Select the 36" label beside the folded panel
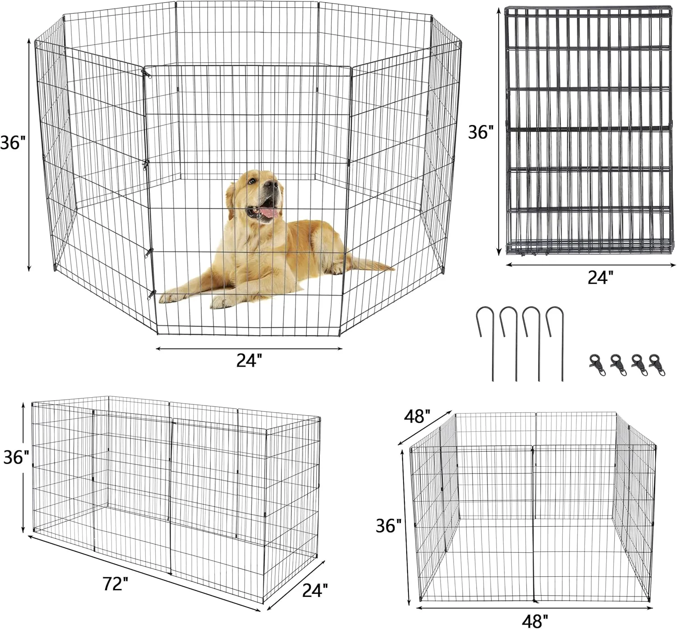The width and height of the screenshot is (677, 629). point(481,132)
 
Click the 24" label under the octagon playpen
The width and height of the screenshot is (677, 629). point(250,360)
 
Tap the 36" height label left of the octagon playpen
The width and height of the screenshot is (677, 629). point(13,142)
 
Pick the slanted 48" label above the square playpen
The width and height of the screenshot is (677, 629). point(417,416)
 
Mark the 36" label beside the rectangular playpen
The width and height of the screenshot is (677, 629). point(16,457)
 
